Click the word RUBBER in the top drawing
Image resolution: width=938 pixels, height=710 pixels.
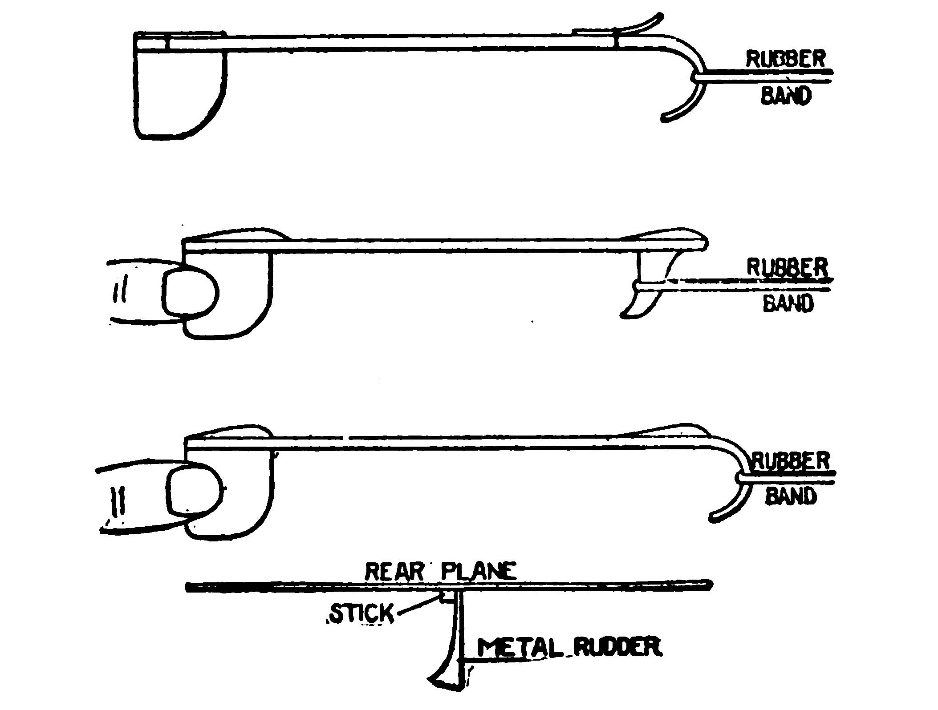786,60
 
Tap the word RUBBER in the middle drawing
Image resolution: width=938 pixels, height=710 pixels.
787,267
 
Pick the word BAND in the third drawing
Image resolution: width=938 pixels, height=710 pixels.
791,496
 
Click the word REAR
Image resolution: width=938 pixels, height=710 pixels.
392,572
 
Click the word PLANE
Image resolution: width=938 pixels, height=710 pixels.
479,572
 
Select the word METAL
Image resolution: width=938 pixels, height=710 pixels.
519,648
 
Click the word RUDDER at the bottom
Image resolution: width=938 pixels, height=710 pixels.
617,647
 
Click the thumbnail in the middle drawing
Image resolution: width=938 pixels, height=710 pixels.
191,294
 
